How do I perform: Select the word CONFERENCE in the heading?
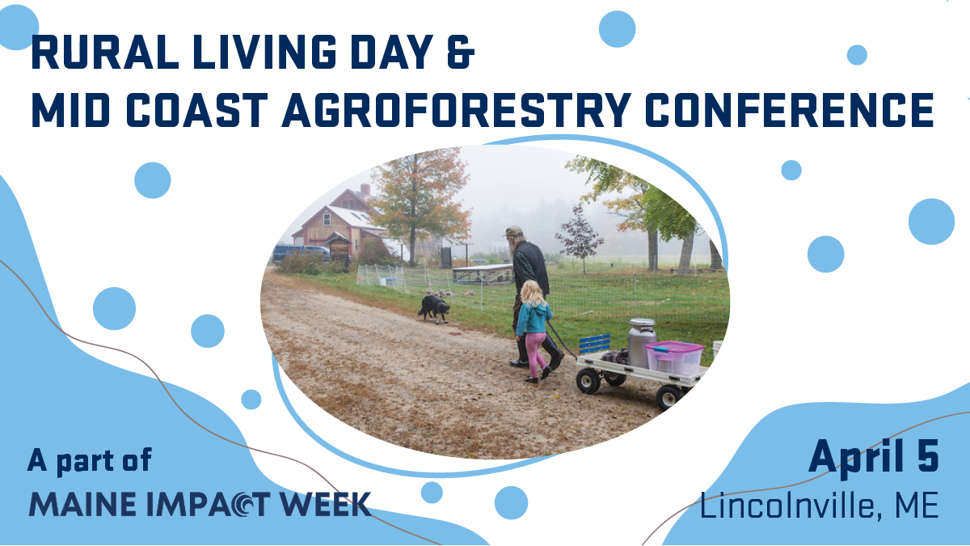(790, 110)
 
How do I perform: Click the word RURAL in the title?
(105, 52)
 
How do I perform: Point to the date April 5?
(874, 458)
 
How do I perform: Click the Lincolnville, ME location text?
(820, 506)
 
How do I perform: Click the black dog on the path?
(434, 308)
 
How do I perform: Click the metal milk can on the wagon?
(642, 342)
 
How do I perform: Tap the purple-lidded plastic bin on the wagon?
(675, 358)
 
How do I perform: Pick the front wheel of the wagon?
(588, 381)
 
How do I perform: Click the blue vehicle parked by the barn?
(302, 252)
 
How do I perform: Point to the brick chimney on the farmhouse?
(365, 189)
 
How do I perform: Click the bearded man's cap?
(513, 231)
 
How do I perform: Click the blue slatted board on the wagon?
(595, 344)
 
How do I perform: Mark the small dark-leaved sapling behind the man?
(580, 236)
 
